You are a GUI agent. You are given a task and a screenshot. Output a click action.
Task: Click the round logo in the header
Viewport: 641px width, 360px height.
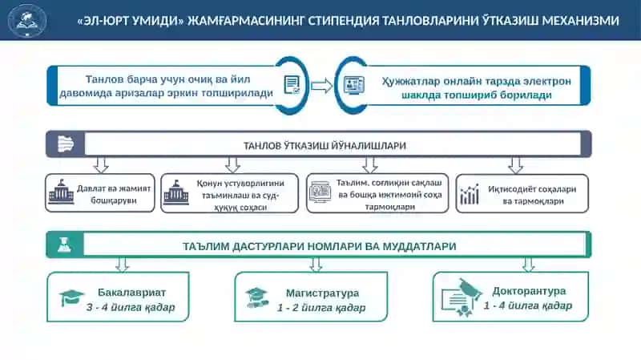click(27, 20)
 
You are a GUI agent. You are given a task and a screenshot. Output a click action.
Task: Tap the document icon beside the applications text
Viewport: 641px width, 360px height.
click(292, 85)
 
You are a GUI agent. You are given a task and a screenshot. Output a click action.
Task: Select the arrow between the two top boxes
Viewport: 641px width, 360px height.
click(322, 86)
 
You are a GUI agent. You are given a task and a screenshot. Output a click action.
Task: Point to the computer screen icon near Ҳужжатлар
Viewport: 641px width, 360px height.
click(353, 86)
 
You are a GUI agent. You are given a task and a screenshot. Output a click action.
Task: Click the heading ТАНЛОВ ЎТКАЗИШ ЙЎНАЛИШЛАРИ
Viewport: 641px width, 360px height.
click(325, 146)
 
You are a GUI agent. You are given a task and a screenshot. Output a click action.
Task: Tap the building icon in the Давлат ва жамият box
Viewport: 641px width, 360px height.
click(62, 192)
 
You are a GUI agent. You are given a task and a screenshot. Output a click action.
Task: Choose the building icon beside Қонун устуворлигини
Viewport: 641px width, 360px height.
click(176, 192)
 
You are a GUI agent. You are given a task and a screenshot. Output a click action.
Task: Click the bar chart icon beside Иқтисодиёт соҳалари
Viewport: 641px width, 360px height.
click(470, 194)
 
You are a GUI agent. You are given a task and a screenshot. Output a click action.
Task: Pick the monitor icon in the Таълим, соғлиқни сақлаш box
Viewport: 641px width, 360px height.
click(320, 192)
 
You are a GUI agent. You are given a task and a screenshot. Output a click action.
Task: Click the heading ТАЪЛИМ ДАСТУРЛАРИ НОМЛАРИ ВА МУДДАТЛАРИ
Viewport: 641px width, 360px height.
click(319, 247)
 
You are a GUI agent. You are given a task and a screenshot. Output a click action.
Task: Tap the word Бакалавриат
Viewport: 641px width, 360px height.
click(131, 293)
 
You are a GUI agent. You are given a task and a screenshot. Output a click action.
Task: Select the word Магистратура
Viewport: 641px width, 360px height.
click(322, 293)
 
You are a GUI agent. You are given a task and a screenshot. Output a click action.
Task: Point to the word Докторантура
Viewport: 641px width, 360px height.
click(529, 291)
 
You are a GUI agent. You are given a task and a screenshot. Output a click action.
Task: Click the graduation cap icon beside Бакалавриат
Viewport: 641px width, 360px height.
click(71, 297)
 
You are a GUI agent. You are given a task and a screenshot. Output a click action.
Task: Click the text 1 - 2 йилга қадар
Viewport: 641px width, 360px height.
click(321, 307)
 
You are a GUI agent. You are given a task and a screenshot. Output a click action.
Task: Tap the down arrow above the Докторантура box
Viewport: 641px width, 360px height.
click(529, 265)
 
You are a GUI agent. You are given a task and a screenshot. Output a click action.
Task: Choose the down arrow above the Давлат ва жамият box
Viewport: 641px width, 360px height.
click(101, 164)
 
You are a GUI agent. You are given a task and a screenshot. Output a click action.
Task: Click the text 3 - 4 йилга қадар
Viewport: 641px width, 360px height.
click(131, 307)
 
